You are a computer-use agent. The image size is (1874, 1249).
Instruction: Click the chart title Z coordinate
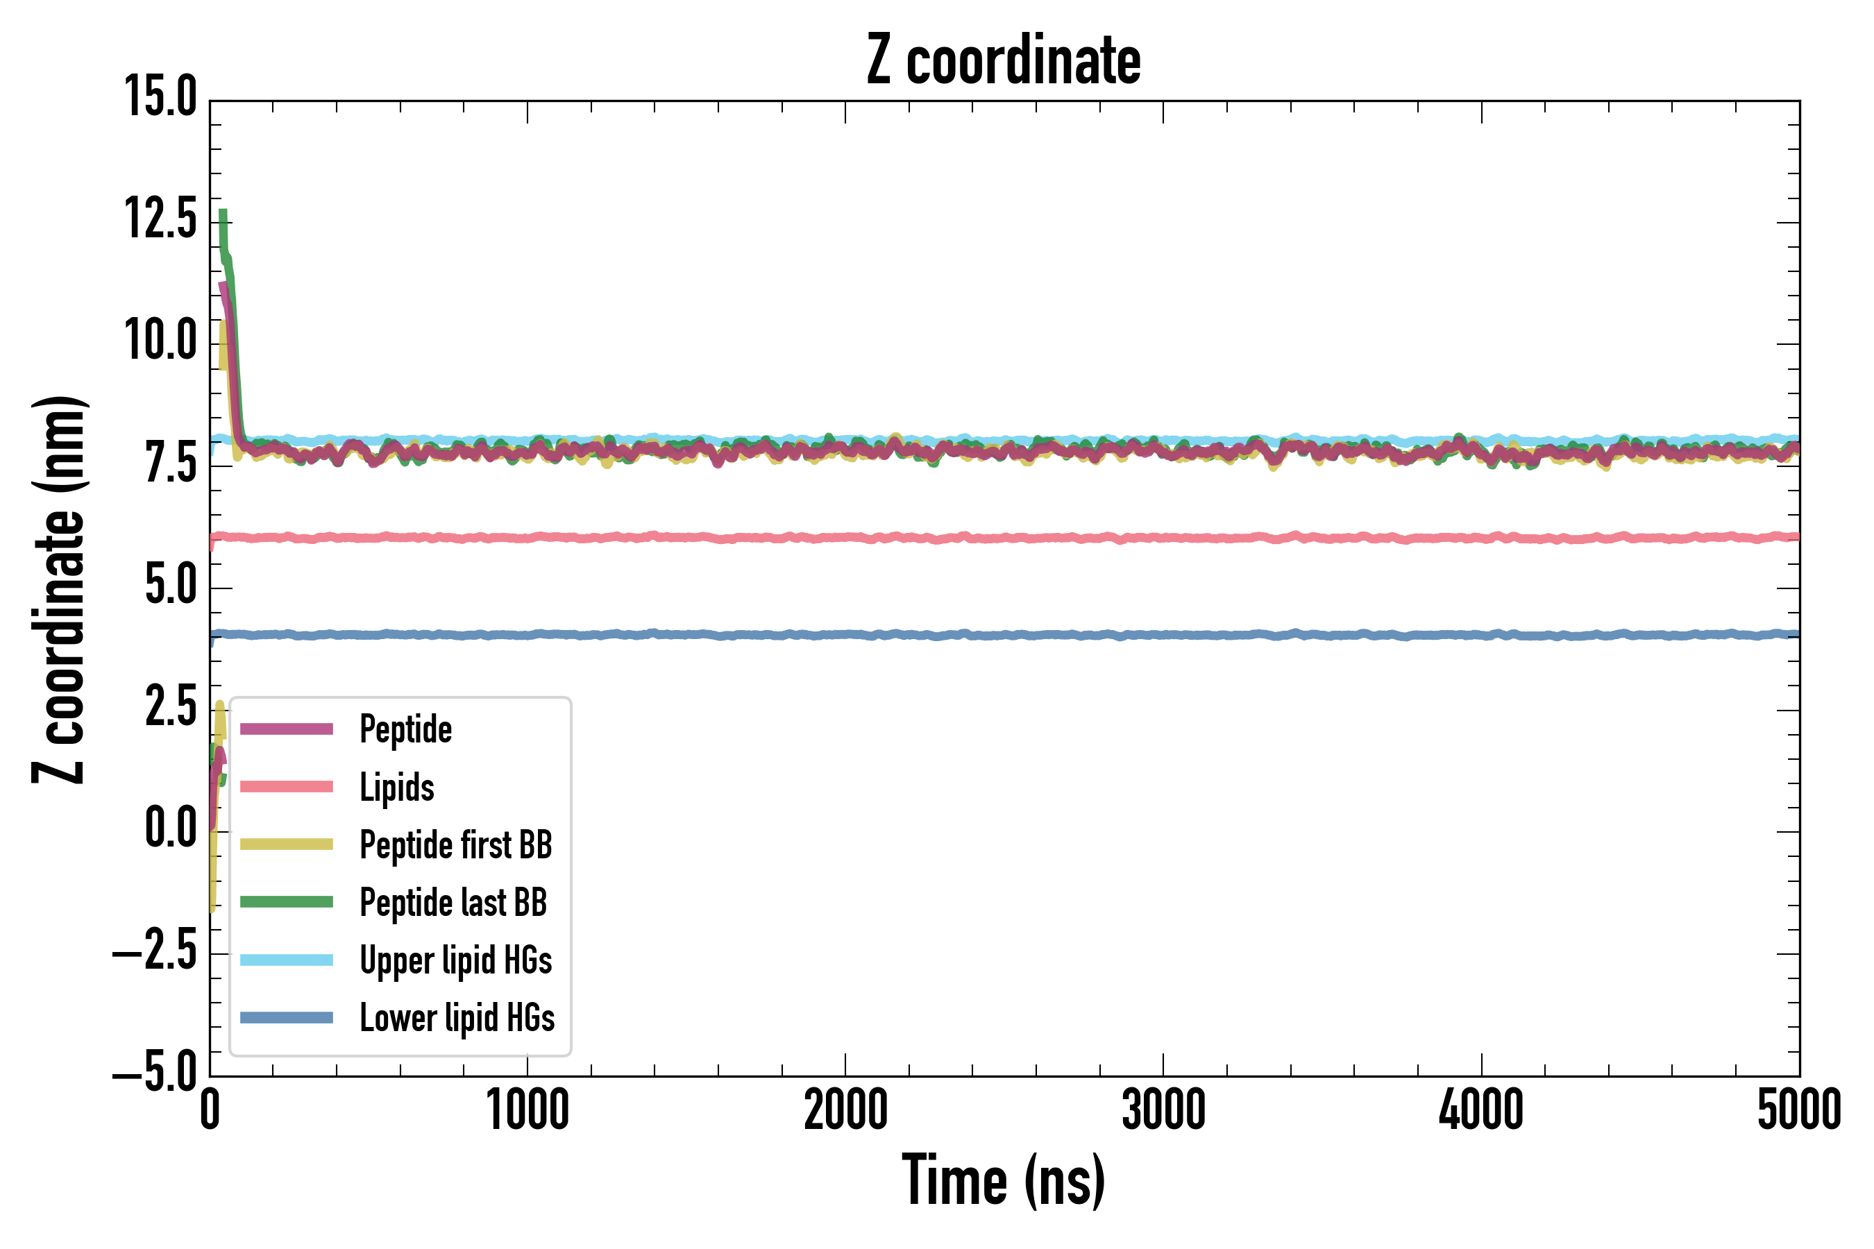(1003, 60)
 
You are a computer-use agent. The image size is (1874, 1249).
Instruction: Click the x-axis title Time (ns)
(1003, 1180)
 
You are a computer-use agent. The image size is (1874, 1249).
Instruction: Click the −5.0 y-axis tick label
(155, 1072)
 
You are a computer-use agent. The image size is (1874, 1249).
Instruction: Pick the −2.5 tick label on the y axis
(155, 951)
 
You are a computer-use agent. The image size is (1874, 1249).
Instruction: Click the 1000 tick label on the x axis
(527, 1110)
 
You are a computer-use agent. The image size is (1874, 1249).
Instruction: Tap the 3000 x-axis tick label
(1163, 1110)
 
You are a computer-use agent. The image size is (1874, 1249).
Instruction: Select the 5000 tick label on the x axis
(1799, 1110)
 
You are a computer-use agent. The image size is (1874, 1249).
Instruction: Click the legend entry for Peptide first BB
(456, 845)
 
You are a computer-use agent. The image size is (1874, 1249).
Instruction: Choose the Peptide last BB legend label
(453, 903)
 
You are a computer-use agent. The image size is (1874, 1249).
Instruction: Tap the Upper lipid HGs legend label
(456, 960)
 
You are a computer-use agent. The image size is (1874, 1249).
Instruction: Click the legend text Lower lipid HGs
(457, 1018)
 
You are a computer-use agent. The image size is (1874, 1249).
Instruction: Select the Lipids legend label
(397, 788)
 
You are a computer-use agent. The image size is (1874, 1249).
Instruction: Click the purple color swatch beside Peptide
(286, 729)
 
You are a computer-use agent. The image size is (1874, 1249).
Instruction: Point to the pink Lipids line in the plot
(956, 538)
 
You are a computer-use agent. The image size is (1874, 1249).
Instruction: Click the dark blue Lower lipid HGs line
(956, 635)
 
